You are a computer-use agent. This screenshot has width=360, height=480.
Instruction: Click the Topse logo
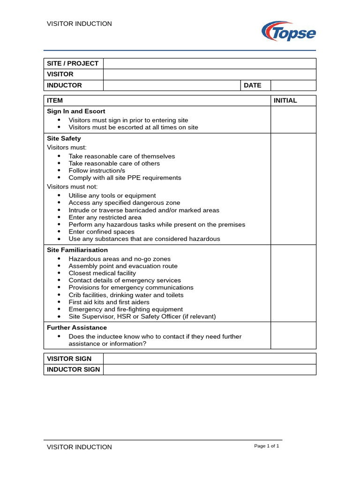pyautogui.click(x=288, y=31)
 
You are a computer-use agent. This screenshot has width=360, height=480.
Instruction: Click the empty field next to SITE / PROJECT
pyautogui.click(x=210, y=64)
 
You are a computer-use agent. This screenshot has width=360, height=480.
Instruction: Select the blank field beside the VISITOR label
pyautogui.click(x=210, y=75)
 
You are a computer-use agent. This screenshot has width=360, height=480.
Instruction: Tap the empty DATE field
pyautogui.click(x=293, y=85)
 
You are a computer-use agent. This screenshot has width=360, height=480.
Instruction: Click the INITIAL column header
pyautogui.click(x=285, y=101)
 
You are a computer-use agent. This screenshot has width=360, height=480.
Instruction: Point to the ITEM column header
pyautogui.click(x=55, y=101)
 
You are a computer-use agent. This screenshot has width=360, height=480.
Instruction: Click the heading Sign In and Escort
pyautogui.click(x=76, y=112)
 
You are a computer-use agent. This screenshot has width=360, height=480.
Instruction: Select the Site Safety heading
pyautogui.click(x=64, y=139)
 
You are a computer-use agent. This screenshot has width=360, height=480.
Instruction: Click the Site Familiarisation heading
pyautogui.click(x=77, y=250)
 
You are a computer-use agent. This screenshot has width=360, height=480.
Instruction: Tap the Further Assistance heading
pyautogui.click(x=77, y=328)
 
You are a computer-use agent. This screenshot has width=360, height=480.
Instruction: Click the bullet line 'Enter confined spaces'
pyautogui.click(x=101, y=232)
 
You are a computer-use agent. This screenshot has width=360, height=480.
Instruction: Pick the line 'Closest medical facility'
pyautogui.click(x=102, y=273)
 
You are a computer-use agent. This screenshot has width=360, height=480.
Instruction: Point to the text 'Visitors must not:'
pyautogui.click(x=72, y=187)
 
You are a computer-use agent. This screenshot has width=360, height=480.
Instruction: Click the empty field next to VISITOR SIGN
pyautogui.click(x=210, y=359)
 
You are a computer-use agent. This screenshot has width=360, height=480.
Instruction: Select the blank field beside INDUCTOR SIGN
pyautogui.click(x=210, y=369)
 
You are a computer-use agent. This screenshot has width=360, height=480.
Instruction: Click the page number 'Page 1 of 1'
pyautogui.click(x=266, y=446)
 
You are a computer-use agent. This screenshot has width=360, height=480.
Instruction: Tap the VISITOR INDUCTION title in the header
pyautogui.click(x=79, y=24)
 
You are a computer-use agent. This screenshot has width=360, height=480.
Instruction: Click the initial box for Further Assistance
pyautogui.click(x=293, y=336)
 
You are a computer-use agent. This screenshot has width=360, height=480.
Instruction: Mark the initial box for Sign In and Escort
pyautogui.click(x=293, y=120)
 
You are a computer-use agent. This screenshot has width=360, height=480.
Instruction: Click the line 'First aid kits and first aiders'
pyautogui.click(x=109, y=302)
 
